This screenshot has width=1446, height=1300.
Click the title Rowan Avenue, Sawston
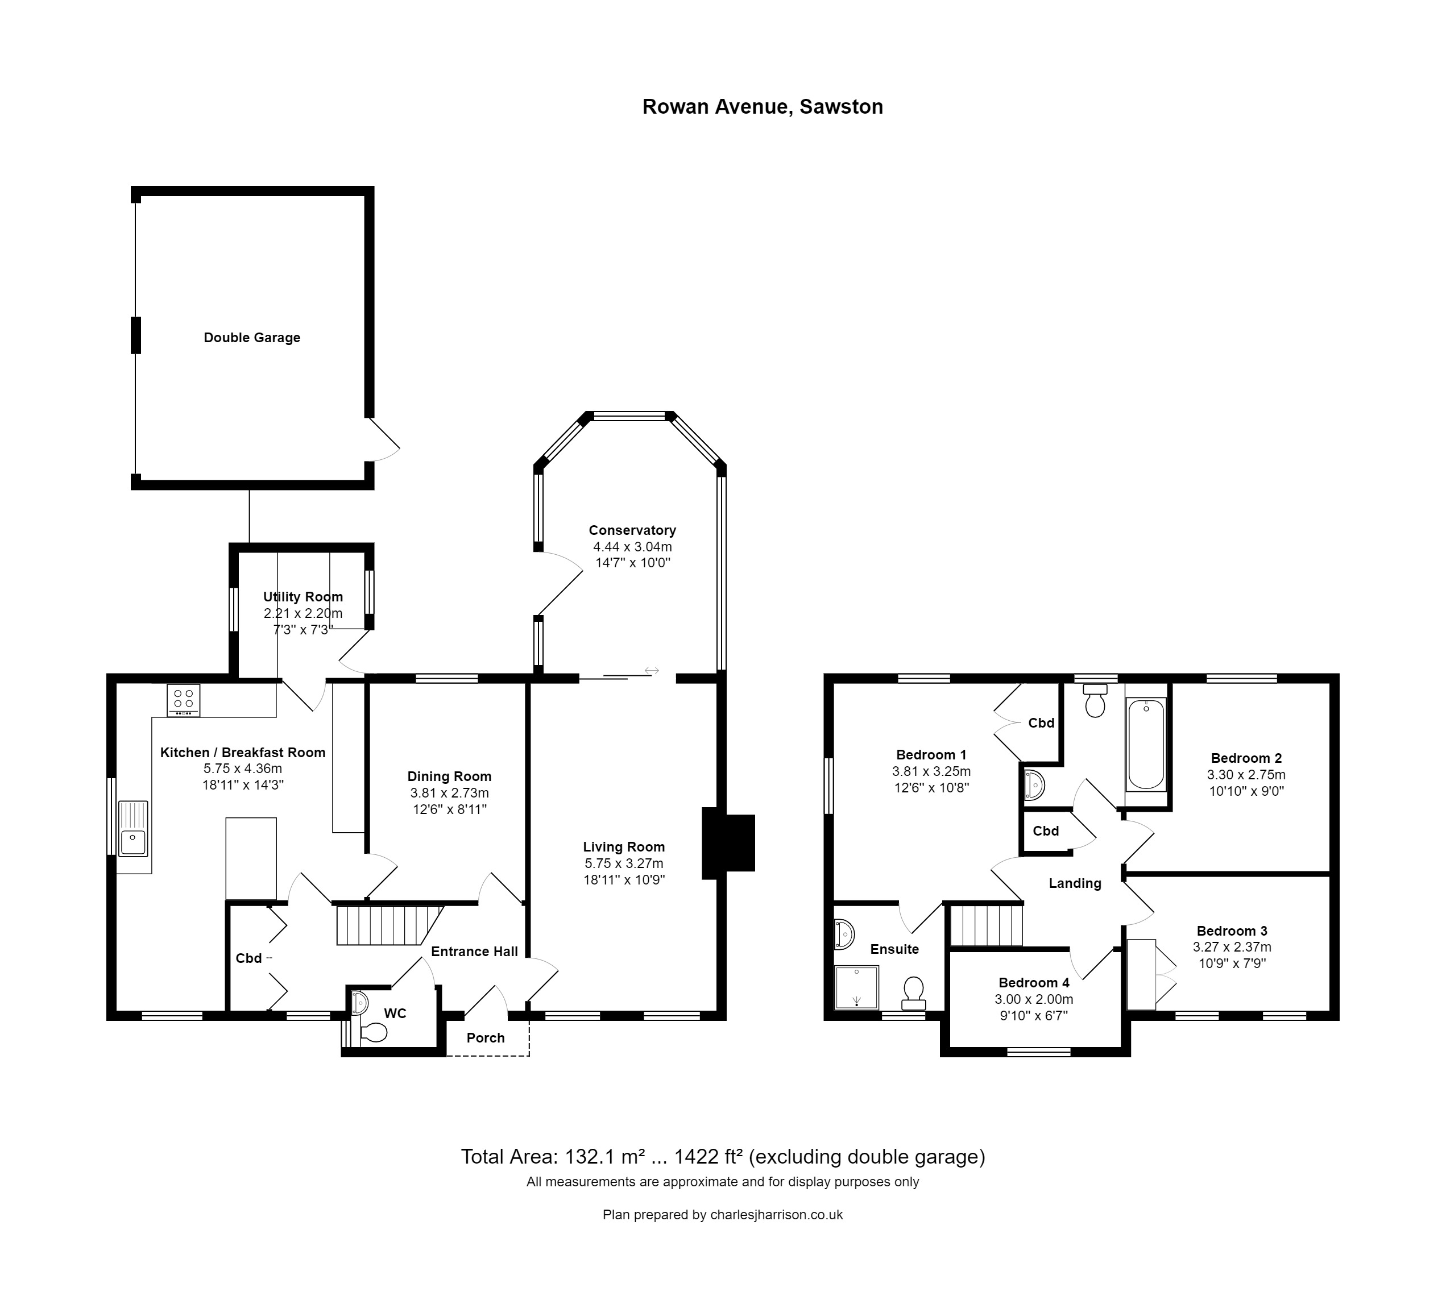pyautogui.click(x=763, y=106)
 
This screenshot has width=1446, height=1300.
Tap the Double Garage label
pyautogui.click(x=251, y=338)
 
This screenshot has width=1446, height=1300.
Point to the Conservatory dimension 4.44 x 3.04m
pyautogui.click(x=632, y=546)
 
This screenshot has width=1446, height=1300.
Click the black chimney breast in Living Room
pyautogui.click(x=728, y=843)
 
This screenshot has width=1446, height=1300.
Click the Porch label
pyautogui.click(x=485, y=1038)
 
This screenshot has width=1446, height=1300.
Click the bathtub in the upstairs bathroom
pyautogui.click(x=1146, y=744)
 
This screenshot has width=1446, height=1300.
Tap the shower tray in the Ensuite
pyautogui.click(x=856, y=988)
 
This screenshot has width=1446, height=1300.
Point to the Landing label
pyautogui.click(x=1075, y=883)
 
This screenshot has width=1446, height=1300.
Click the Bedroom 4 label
pyautogui.click(x=1034, y=983)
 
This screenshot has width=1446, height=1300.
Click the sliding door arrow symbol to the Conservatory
pyautogui.click(x=652, y=671)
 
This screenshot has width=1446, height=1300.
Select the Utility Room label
pyautogui.click(x=303, y=596)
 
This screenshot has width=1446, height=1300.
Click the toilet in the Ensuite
pyautogui.click(x=913, y=992)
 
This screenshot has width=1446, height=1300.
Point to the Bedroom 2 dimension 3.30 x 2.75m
pyautogui.click(x=1246, y=774)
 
